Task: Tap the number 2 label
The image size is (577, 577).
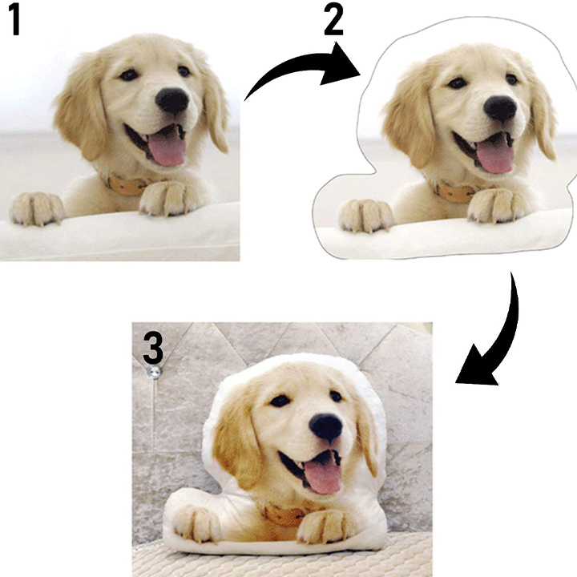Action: pyautogui.click(x=333, y=21)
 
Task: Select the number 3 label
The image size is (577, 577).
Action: pyautogui.click(x=153, y=347)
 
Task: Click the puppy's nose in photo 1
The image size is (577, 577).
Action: pyautogui.click(x=171, y=100)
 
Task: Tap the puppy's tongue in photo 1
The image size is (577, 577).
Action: pyautogui.click(x=167, y=149)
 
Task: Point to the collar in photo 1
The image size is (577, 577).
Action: pyautogui.click(x=125, y=185)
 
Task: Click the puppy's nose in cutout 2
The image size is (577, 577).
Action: pyautogui.click(x=500, y=109)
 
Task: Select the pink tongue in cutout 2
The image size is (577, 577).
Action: pyautogui.click(x=495, y=157)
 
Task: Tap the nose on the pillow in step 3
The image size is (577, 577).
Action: pyautogui.click(x=325, y=426)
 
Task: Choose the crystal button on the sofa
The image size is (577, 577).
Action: pyautogui.click(x=154, y=372)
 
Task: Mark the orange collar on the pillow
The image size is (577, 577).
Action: pyautogui.click(x=284, y=516)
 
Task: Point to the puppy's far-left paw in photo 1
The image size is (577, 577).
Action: pyautogui.click(x=36, y=208)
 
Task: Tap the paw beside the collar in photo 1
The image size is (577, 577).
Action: pyautogui.click(x=167, y=198)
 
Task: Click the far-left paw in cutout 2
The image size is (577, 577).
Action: pyautogui.click(x=365, y=216)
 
